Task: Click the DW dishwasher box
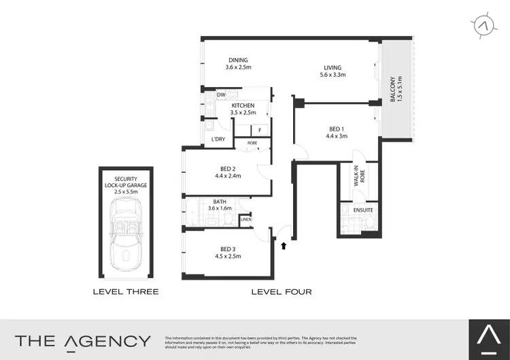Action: (x=221, y=95)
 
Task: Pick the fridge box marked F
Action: (x=260, y=129)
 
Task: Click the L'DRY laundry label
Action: (x=218, y=140)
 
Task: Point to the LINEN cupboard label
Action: (x=245, y=219)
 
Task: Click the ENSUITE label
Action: (x=363, y=211)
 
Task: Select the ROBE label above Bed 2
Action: (x=252, y=144)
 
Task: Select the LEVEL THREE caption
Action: (x=126, y=292)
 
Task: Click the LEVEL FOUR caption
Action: (x=282, y=292)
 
